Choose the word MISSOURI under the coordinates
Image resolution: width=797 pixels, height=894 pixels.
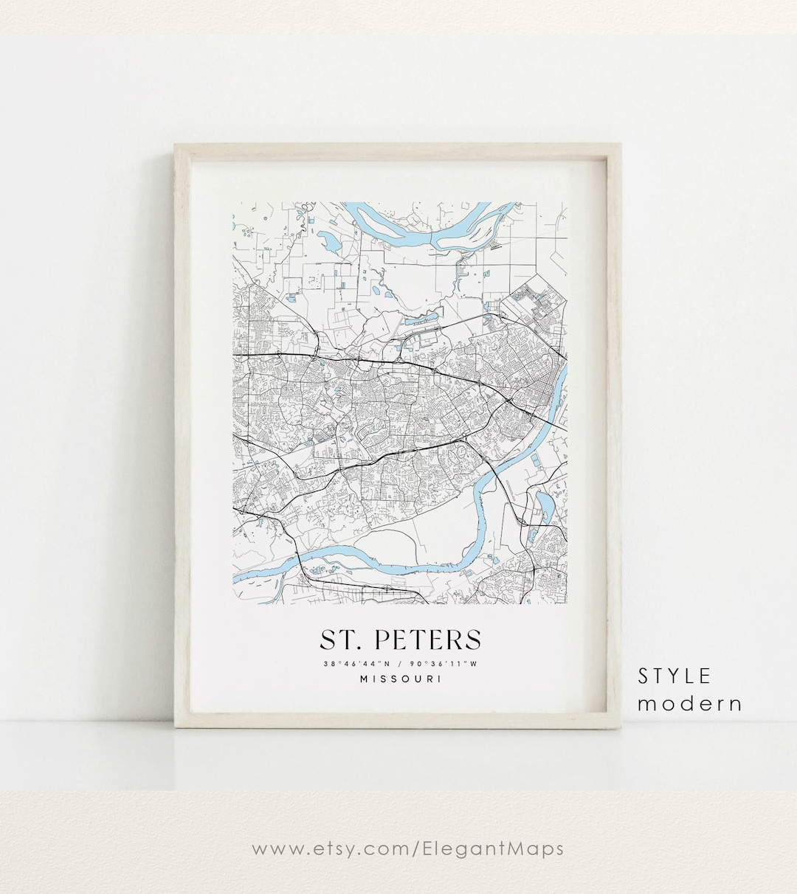click(401, 679)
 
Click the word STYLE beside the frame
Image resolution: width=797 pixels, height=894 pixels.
click(674, 676)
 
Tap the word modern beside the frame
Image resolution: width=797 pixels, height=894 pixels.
click(689, 704)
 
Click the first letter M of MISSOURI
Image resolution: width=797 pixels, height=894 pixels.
click(364, 679)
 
